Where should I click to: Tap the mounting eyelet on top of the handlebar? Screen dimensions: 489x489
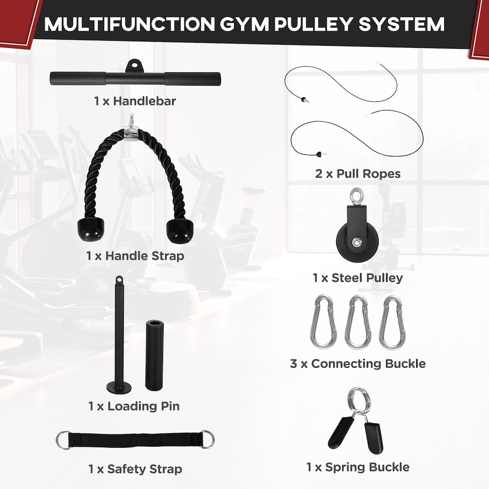point(134,65)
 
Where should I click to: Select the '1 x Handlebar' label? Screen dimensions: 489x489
point(135,101)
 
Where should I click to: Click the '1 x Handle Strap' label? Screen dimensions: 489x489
point(135,256)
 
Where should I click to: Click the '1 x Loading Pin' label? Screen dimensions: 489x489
point(134,406)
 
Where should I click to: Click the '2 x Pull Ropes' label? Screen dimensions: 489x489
point(358,174)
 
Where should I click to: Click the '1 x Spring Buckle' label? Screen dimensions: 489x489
point(358,467)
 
